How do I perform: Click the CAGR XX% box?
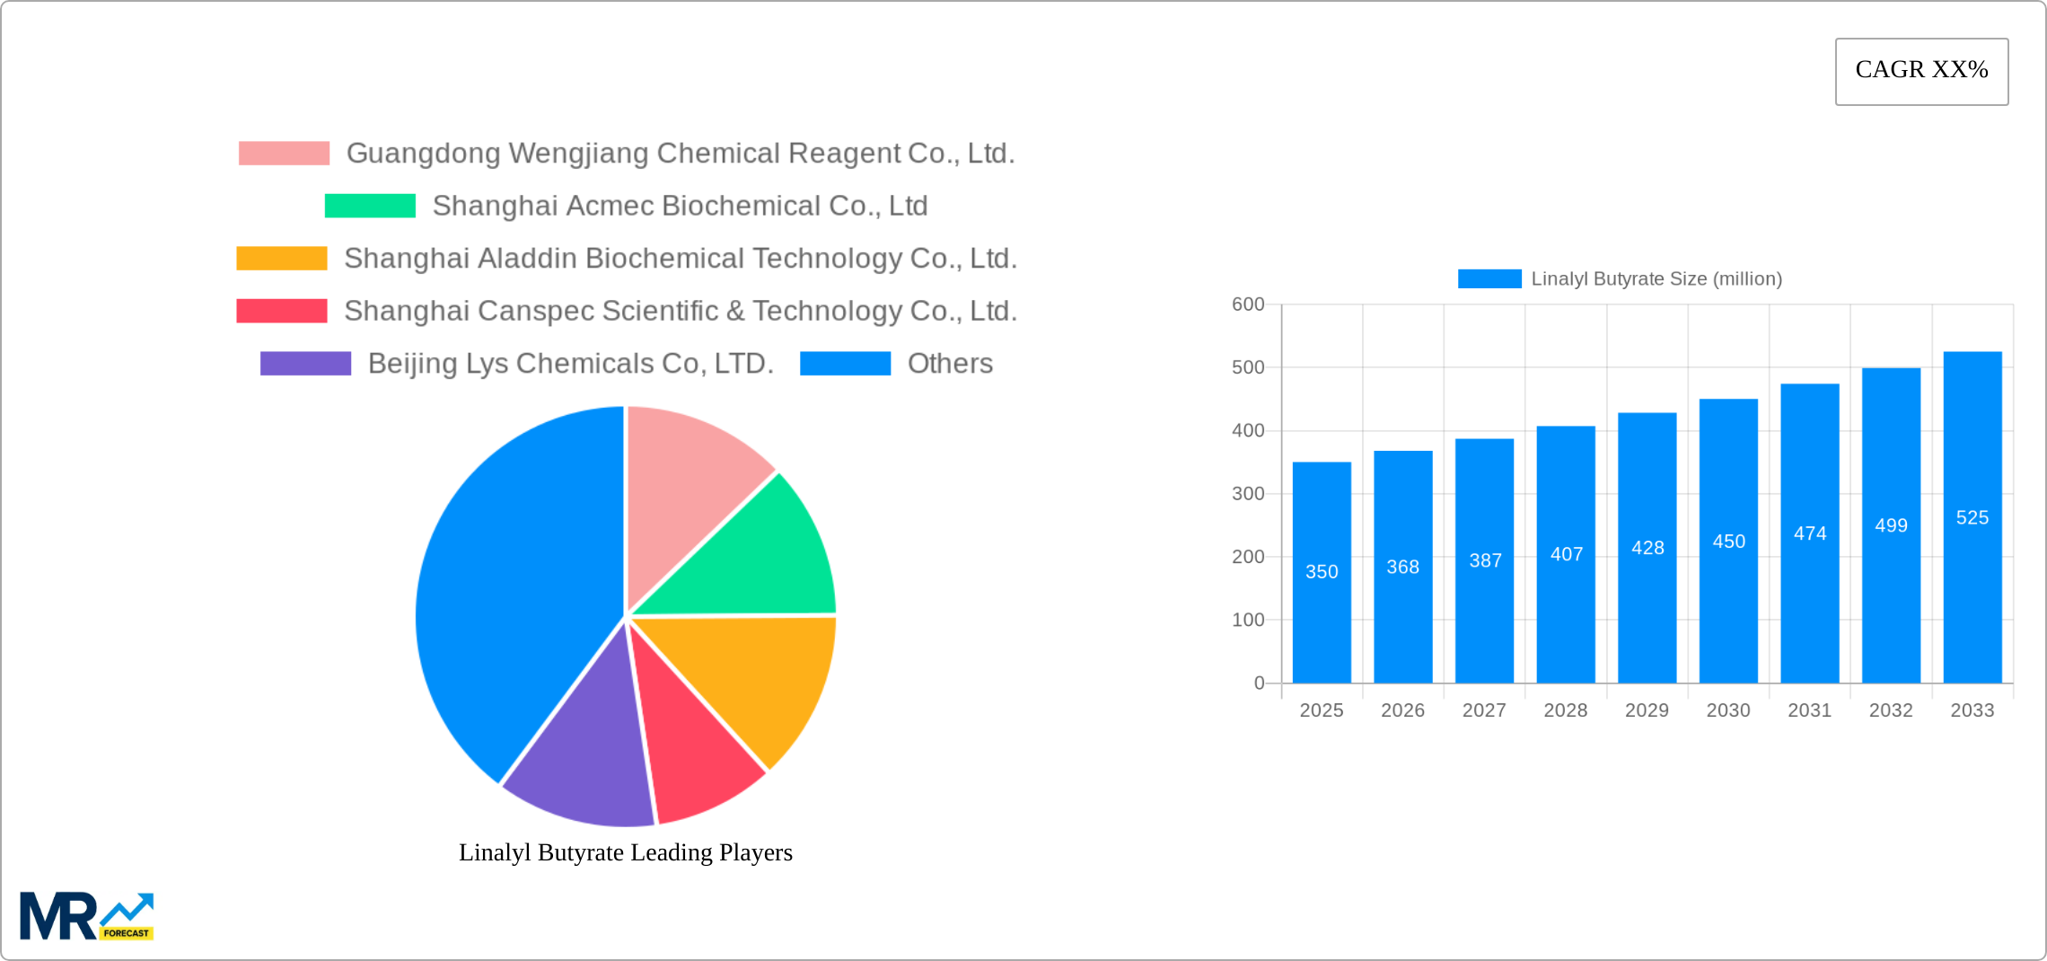click(1921, 71)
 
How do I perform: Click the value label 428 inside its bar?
click(1647, 548)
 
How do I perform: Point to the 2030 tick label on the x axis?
click(1727, 710)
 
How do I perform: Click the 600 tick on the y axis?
click(1247, 304)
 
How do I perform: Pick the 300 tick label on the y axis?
click(1247, 494)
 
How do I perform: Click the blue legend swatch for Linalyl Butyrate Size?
click(1489, 279)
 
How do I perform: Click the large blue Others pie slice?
click(503, 593)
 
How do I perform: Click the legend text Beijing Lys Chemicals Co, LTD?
click(570, 364)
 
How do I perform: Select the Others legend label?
click(949, 364)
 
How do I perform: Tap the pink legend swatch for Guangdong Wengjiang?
click(284, 154)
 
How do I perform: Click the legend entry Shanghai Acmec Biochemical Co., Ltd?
click(679, 206)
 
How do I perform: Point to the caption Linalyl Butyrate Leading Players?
click(625, 852)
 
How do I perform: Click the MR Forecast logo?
click(86, 916)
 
